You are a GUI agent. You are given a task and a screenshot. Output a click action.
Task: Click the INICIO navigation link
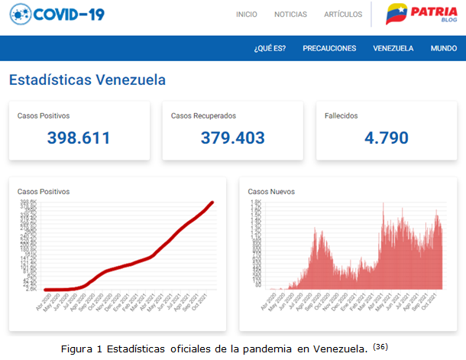coord(247,15)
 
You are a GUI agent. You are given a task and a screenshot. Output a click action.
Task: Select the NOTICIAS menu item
coord(290,15)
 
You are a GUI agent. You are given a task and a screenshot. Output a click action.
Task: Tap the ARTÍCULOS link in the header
coord(343,15)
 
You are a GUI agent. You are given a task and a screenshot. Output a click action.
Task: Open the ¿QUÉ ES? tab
coord(270,48)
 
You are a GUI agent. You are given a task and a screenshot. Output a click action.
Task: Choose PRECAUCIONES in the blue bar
coord(329,48)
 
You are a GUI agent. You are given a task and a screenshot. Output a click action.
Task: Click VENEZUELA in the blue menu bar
coord(393,48)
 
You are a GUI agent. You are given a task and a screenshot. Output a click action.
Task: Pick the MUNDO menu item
coord(444,48)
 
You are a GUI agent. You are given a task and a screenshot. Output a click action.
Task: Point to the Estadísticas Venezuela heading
coord(87,79)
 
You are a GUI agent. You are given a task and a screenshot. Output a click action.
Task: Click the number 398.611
coord(79,138)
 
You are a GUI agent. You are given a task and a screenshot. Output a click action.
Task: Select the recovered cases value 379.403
coord(232,138)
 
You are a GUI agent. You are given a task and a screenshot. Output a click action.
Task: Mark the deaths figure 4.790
coord(386,138)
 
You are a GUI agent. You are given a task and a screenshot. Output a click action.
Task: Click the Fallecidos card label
coord(341,116)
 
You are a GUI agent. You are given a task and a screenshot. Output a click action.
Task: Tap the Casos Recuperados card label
coord(203,116)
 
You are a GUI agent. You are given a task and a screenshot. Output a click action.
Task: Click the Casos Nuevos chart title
coord(270,191)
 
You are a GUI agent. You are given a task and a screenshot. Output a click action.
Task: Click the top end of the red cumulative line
coord(212,203)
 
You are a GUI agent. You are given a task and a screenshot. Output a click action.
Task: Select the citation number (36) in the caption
coord(380,347)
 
